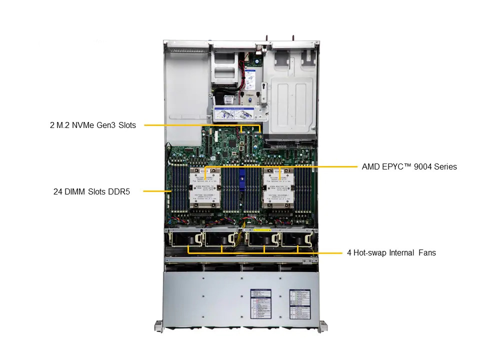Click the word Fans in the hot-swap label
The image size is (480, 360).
pyautogui.click(x=426, y=253)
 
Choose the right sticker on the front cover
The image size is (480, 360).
pyautogui.click(x=300, y=304)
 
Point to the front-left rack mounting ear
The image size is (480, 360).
pyautogui.click(x=158, y=325)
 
